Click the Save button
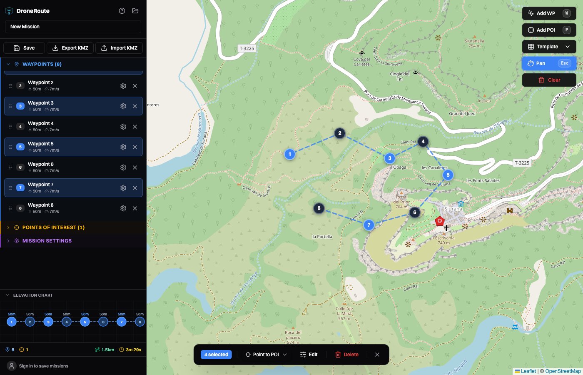click(24, 48)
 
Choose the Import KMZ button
click(119, 48)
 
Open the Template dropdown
click(549, 47)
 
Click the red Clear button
click(549, 80)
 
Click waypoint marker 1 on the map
click(290, 154)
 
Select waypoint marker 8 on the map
click(319, 208)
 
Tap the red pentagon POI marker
click(439, 221)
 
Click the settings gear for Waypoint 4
click(123, 127)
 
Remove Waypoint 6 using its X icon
click(135, 167)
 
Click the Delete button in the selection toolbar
click(347, 355)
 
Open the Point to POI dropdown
click(266, 355)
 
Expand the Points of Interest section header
click(53, 227)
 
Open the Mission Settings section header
click(47, 241)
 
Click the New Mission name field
click(73, 27)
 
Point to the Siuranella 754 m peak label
click(474, 43)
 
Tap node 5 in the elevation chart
click(85, 322)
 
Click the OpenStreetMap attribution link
click(563, 371)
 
